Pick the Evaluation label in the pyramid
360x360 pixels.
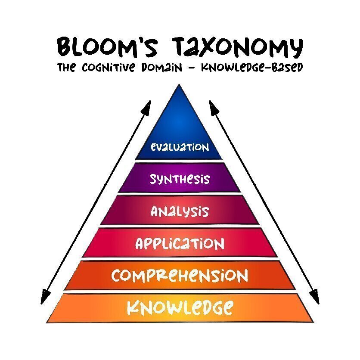(x=180, y=147)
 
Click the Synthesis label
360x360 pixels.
(x=180, y=179)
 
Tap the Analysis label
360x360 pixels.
(x=180, y=211)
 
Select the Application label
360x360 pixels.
(x=180, y=244)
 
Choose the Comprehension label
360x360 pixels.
(x=180, y=276)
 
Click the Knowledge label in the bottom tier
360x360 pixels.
(x=180, y=307)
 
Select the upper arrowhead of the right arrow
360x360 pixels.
(x=212, y=106)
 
